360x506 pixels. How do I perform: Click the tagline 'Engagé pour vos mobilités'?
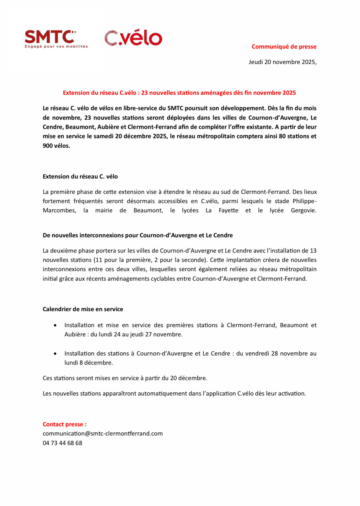pyautogui.click(x=56, y=46)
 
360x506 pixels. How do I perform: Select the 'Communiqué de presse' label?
pyautogui.click(x=284, y=46)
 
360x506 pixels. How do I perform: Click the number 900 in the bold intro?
pyautogui.click(x=48, y=146)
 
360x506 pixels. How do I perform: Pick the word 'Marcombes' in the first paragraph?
pyautogui.click(x=59, y=210)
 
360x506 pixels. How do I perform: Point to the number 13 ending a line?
pyautogui.click(x=313, y=251)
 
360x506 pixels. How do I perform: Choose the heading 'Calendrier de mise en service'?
pyautogui.click(x=83, y=309)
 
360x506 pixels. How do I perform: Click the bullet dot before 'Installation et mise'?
pyautogui.click(x=55, y=326)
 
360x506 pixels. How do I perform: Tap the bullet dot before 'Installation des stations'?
pyautogui.click(x=55, y=354)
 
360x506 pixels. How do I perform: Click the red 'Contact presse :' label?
pyautogui.click(x=64, y=424)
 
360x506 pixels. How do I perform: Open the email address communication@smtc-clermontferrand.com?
pyautogui.click(x=102, y=433)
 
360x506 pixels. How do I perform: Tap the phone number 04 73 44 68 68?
pyautogui.click(x=62, y=443)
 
